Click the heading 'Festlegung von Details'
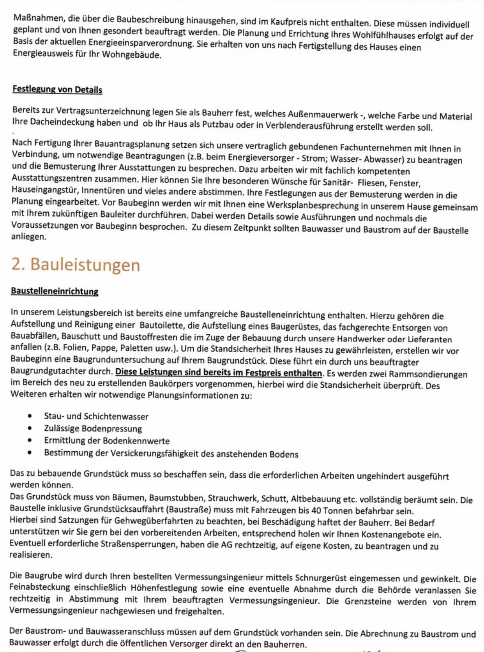57,89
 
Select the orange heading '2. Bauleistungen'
76,265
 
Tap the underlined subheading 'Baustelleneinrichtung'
55,291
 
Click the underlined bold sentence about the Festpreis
219,373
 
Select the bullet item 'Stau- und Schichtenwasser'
96,416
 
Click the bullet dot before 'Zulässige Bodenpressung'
30,428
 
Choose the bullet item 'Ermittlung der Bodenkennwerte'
107,440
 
